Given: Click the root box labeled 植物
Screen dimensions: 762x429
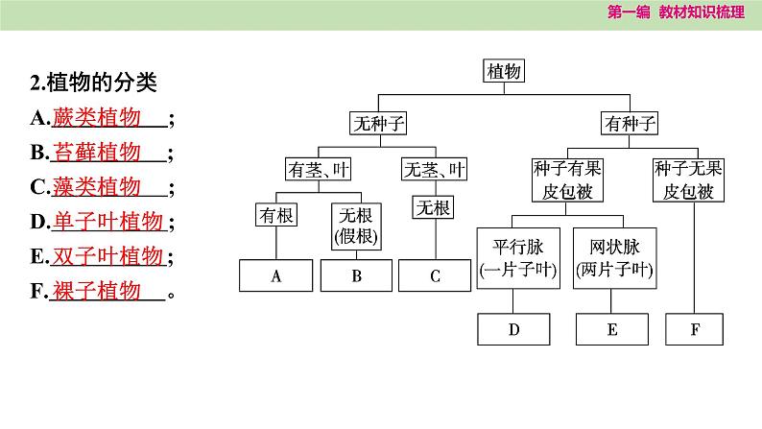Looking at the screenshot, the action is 504,71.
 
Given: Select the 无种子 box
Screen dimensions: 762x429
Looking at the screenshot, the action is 378,123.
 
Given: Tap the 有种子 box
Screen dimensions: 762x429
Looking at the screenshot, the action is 630,123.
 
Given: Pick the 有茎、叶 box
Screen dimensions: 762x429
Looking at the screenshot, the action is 318,169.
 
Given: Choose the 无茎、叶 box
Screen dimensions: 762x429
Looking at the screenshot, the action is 434,169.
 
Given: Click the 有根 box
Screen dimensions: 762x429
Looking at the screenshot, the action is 276,215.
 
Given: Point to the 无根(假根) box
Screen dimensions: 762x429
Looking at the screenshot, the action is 356,226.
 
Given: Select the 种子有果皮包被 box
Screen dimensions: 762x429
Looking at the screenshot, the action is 567,180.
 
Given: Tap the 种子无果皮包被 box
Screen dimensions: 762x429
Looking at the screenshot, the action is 688,180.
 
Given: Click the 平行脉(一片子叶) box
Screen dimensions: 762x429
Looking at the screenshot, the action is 518,258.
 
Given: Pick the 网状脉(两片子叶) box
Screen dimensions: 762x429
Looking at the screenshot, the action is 615,258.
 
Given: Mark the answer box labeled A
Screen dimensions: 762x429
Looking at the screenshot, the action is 276,275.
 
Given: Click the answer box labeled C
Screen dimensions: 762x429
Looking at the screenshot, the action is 435,275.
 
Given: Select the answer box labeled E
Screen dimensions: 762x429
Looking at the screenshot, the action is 612,329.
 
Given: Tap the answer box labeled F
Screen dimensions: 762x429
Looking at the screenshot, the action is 694,329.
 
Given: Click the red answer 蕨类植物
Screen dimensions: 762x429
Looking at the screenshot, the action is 97,117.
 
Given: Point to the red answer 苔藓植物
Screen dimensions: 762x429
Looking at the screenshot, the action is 97,152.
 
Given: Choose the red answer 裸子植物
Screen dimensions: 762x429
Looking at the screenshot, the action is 97,291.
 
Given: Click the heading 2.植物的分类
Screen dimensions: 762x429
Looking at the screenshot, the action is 93,83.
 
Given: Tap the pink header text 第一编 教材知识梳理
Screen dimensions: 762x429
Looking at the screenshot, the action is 676,12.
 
